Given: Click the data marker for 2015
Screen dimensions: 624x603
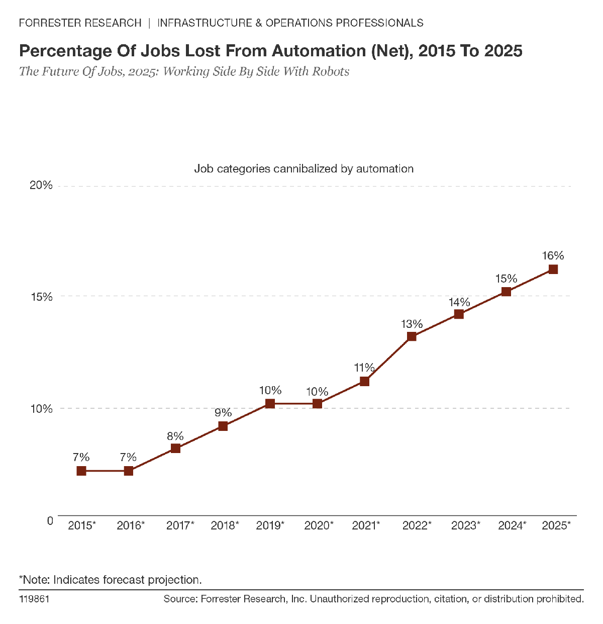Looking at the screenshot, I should [x=81, y=471].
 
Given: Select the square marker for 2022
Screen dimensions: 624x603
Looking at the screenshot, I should [x=412, y=336].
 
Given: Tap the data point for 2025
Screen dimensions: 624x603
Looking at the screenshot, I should [x=553, y=270].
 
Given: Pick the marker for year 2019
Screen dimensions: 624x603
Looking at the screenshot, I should [x=270, y=404].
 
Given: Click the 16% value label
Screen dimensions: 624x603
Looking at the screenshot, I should [x=553, y=255].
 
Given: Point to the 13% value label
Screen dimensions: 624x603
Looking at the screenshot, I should [x=412, y=324].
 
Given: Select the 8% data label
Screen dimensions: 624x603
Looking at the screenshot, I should [x=175, y=436].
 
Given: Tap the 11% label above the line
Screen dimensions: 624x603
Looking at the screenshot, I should [x=364, y=368].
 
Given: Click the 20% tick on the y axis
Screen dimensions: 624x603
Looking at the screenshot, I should [x=41, y=185].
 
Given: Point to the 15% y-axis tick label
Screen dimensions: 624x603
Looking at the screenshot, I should [x=41, y=297].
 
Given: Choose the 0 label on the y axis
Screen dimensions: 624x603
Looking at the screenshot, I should [x=50, y=520].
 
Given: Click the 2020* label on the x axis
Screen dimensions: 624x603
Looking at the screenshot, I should [x=319, y=526].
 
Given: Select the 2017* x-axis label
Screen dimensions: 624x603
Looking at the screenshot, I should [x=180, y=526].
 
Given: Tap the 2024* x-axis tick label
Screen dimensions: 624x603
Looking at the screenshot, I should [x=512, y=526].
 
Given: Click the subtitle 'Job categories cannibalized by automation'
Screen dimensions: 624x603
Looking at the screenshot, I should [x=304, y=168].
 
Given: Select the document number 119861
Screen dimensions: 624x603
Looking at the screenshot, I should [x=34, y=599].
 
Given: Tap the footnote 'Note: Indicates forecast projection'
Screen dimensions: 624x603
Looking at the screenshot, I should [x=111, y=580].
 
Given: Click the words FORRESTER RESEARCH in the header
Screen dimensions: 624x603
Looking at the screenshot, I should [x=80, y=23].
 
